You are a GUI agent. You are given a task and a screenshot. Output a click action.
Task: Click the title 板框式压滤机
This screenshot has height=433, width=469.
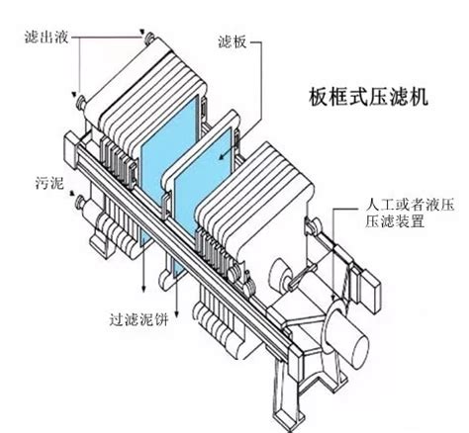(368, 97)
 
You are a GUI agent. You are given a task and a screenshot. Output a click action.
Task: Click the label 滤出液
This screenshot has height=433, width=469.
(47, 37)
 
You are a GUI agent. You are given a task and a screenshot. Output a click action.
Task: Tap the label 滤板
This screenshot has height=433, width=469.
(233, 42)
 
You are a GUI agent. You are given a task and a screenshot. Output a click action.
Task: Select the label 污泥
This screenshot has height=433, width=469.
(49, 183)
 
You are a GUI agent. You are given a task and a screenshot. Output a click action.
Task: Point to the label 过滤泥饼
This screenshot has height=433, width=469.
(139, 319)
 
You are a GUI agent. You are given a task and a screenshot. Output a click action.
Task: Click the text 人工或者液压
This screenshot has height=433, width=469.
(410, 205)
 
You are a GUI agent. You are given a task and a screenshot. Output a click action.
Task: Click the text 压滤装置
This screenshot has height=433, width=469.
(394, 221)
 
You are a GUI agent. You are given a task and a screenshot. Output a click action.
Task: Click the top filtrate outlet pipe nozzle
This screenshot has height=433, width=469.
(150, 38)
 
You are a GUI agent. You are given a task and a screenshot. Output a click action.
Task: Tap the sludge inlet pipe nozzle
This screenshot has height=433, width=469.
(80, 203)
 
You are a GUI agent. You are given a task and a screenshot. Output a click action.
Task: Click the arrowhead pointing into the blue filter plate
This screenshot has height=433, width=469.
(223, 155)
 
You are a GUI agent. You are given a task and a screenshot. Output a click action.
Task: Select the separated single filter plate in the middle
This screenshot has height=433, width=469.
(201, 171)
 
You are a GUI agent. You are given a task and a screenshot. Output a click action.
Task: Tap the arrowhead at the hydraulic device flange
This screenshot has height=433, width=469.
(333, 298)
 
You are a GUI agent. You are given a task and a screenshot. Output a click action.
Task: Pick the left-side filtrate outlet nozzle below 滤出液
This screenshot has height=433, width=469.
(81, 103)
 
